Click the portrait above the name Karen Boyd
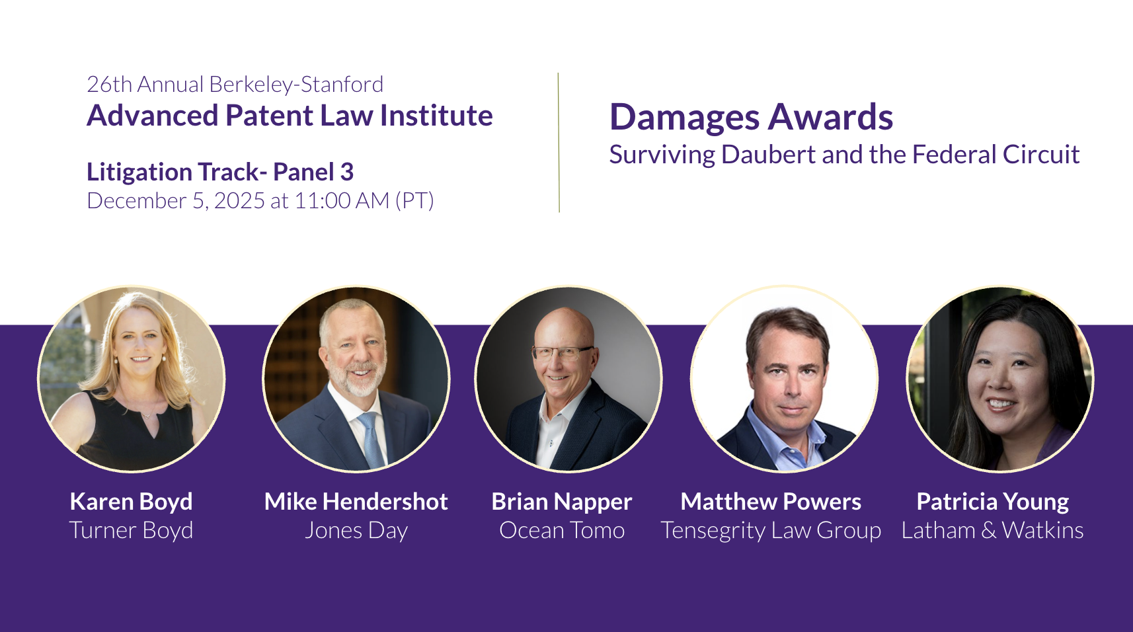coord(132,379)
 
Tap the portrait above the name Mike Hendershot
coord(356,379)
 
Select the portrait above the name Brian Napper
coord(568,379)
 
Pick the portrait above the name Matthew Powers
coord(785,379)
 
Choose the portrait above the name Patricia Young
coord(1000,379)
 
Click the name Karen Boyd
coord(131,502)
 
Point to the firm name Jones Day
coord(356,530)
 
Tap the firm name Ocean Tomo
coord(562,530)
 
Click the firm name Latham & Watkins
coord(992,530)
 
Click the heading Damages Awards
coord(751,118)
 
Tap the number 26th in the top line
coord(109,85)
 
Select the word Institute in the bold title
coord(436,116)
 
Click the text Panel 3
coord(313,172)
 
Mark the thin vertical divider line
coord(559,142)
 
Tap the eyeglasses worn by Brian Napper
coord(561,352)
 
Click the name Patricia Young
coord(992,502)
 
